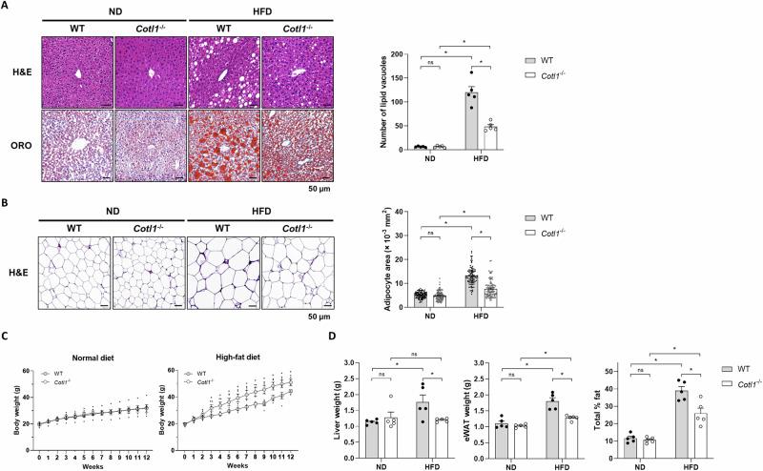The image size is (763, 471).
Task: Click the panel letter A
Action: click(8, 7)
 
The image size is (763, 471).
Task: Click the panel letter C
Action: click(8, 333)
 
